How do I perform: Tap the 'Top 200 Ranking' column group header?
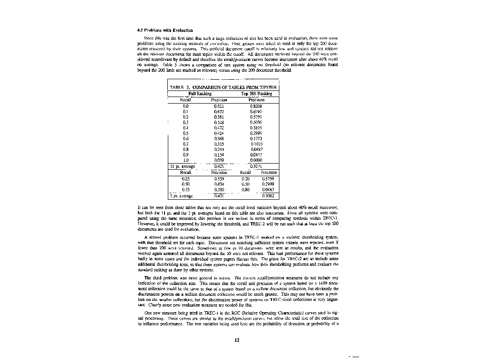(256, 94)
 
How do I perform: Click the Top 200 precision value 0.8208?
(256, 106)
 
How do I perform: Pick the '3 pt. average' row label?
(182, 196)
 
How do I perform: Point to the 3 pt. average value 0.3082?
(268, 196)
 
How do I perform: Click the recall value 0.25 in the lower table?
(186, 179)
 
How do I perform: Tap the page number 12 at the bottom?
(237, 341)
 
